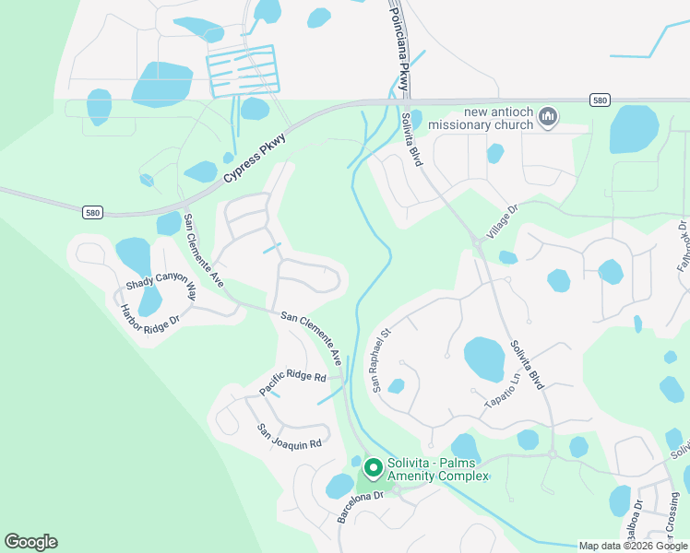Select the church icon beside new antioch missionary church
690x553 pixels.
[549, 117]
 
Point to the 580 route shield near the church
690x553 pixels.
[600, 100]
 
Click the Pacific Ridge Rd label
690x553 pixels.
[292, 382]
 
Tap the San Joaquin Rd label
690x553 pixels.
[289, 436]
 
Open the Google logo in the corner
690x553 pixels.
[30, 542]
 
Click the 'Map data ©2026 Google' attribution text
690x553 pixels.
[633, 546]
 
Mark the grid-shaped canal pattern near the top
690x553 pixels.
[241, 69]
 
